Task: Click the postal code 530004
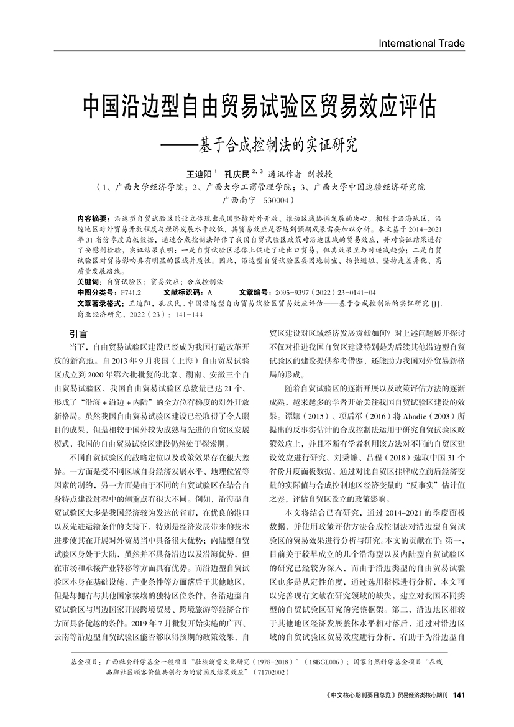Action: [x=277, y=201]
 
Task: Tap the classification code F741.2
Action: [x=132, y=291]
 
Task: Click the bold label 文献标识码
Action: [x=183, y=291]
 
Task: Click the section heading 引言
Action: [x=79, y=334]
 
